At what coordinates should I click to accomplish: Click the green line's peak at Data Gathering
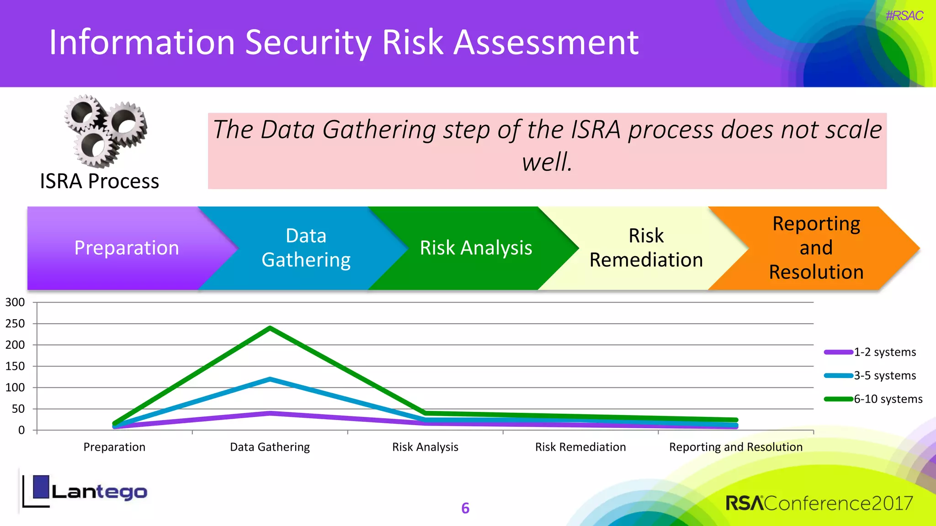coord(270,328)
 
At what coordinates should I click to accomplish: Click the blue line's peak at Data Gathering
coord(270,379)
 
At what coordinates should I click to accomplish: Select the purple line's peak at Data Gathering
coord(270,413)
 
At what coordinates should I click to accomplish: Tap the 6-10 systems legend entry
coord(873,399)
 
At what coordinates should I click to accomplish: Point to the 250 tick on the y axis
coord(15,324)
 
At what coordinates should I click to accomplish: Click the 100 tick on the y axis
coord(15,388)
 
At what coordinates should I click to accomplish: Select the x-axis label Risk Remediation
coord(580,447)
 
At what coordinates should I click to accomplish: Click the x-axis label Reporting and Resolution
coord(736,447)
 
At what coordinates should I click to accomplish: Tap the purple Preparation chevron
coord(127,248)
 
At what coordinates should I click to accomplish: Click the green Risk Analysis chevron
coord(476,248)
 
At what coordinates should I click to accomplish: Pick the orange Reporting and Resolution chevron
coord(816,248)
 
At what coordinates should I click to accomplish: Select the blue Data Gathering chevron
coord(306,248)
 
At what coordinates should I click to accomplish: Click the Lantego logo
coord(85,492)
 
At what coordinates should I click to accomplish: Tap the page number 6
coord(465,508)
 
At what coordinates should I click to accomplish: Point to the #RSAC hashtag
coord(904,16)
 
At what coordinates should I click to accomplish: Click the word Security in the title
coord(308,42)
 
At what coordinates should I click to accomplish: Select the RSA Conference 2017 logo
coord(819,503)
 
